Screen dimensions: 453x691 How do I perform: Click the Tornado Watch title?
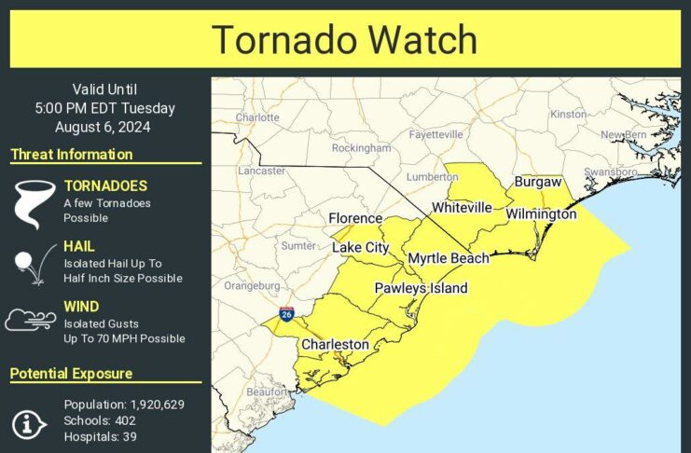[344, 40]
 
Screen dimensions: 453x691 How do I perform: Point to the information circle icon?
[29, 423]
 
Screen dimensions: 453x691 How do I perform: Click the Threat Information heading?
[72, 155]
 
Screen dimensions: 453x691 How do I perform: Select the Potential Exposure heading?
[71, 374]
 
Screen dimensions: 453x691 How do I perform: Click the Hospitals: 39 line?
[101, 436]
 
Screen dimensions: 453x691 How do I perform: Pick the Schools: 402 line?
[97, 420]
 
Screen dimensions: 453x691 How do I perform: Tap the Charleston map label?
[335, 345]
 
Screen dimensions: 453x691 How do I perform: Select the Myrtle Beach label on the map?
[448, 258]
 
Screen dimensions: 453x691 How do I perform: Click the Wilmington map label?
[541, 214]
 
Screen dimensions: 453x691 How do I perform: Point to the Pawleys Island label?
[421, 288]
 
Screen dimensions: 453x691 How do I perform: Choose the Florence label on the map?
[355, 218]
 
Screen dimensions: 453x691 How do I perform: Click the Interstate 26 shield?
[285, 314]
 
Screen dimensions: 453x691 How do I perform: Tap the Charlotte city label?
[257, 117]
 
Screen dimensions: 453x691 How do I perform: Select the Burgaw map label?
[538, 182]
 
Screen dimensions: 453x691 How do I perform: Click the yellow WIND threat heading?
[81, 306]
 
